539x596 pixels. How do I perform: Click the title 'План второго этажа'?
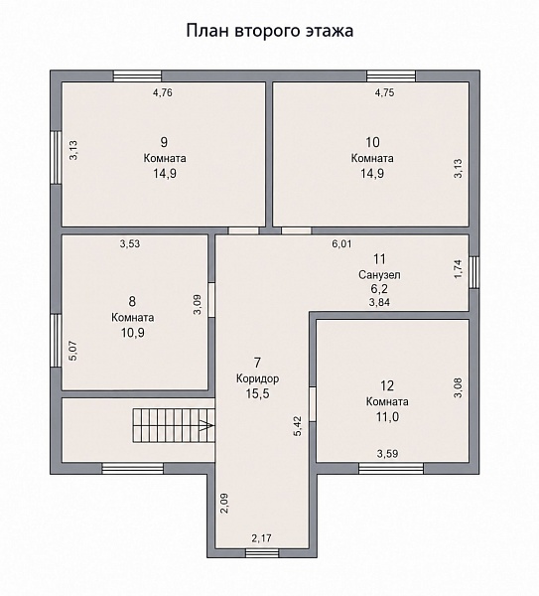point(270,31)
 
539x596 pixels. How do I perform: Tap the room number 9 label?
point(164,142)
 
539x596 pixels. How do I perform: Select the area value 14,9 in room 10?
point(372,173)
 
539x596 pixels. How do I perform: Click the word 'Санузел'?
point(379,274)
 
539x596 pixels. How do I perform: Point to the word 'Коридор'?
point(257,378)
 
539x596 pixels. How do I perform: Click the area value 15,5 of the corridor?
point(257,393)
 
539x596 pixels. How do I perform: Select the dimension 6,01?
point(341,244)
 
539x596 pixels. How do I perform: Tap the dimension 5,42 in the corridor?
point(298,426)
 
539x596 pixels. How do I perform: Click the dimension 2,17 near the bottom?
point(262,538)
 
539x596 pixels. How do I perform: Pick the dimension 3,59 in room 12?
point(387,454)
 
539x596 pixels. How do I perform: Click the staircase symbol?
point(174,425)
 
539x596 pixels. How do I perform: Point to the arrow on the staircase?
point(206,425)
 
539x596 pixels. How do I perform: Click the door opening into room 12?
point(313,404)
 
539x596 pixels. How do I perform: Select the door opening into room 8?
point(211,300)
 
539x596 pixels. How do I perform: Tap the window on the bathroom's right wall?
point(473,272)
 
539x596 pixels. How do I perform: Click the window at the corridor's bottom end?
point(262,553)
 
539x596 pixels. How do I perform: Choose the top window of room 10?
point(391,75)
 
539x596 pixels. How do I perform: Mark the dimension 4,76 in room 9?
point(163,92)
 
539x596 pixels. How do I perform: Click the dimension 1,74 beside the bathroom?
point(459,269)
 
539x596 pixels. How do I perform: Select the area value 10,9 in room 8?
point(133,333)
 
